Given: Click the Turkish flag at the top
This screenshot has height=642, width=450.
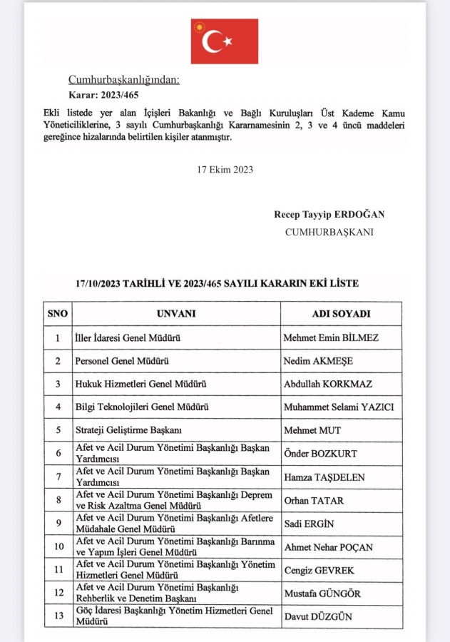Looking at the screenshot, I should (x=224, y=41).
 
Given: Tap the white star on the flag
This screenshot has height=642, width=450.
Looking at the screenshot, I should (x=228, y=41).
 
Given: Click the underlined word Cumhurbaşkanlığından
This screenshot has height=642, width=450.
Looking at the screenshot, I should (x=123, y=79).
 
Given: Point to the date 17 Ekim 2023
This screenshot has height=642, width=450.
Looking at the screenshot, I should (x=225, y=170).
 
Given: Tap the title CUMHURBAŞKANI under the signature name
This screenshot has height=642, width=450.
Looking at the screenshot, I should (x=329, y=231).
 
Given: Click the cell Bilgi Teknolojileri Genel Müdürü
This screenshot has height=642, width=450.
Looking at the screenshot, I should (x=141, y=407).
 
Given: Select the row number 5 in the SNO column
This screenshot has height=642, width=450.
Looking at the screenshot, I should (x=57, y=430).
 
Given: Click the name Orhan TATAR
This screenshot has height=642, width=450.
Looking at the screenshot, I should (x=313, y=501).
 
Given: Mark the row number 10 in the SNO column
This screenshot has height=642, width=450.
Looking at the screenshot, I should (x=57, y=547).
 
